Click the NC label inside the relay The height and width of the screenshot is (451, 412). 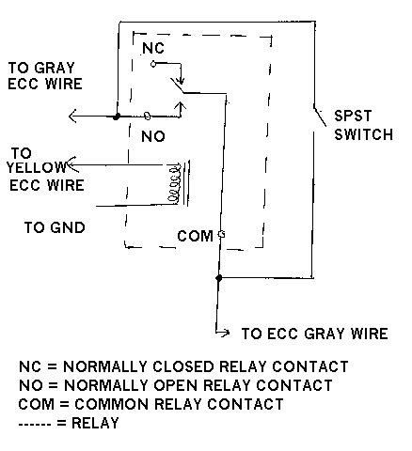pos(153,48)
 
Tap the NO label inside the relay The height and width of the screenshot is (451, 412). pos(153,136)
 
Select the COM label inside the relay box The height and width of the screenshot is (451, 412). pos(195,236)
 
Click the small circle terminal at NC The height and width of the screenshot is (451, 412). pos(153,64)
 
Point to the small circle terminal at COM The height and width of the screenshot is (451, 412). pos(221,234)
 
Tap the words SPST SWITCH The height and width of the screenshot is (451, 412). pos(363,125)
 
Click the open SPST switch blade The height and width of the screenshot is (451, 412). pos(320,117)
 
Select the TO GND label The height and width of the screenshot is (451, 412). pos(55,227)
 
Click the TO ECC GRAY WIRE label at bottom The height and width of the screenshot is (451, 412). pos(315,334)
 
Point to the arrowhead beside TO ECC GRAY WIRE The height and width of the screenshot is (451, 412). pos(225,333)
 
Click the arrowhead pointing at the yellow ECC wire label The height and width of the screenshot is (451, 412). pos(72,164)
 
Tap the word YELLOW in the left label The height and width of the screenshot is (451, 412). pos(36,167)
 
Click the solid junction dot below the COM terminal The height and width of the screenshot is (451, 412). pos(219,278)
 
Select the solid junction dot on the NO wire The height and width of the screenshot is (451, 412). pos(117,117)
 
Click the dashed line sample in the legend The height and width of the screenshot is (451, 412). pos(35,425)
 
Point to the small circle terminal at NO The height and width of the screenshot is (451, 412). pos(148,117)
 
